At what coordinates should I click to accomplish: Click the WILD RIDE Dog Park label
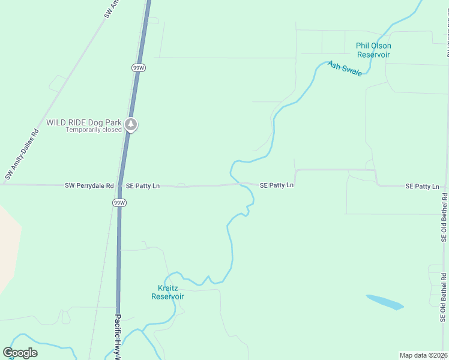point(84,122)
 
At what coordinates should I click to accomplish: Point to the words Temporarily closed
point(94,130)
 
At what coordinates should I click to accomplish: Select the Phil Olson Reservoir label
point(373,50)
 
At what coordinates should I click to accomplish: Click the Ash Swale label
point(345,68)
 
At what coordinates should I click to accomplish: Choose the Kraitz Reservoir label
point(167,292)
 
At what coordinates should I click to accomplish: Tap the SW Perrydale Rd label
point(89,186)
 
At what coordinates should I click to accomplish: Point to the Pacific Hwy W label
point(118,336)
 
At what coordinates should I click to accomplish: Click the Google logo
point(20,353)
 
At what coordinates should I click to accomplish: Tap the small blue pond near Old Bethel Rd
point(385,302)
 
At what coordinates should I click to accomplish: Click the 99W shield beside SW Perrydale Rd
point(119,203)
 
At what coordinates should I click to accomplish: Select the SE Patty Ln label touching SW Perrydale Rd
point(143,186)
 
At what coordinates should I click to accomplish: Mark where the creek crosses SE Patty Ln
point(240,184)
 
